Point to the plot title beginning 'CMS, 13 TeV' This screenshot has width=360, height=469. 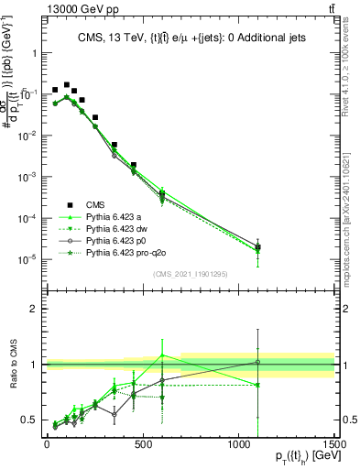click(x=192, y=38)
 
